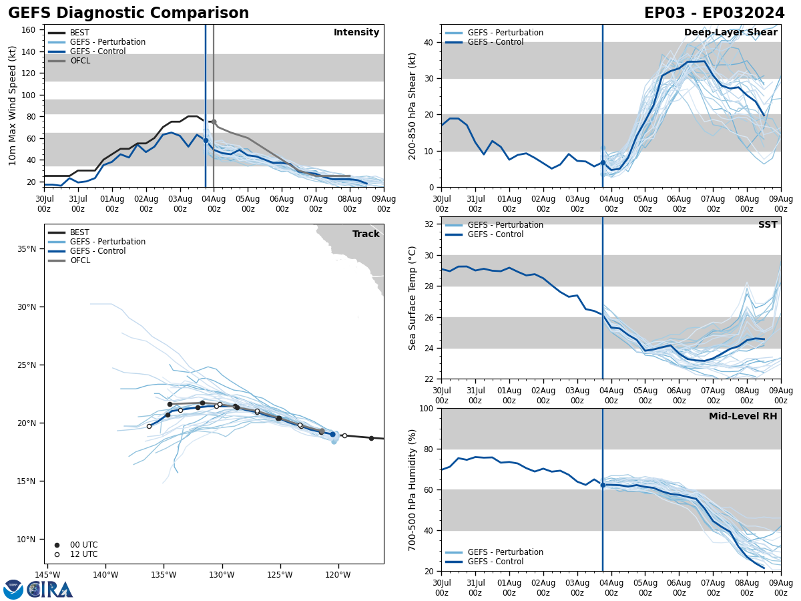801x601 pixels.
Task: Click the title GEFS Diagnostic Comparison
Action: click(x=128, y=13)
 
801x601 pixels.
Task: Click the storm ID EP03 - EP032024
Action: click(x=714, y=13)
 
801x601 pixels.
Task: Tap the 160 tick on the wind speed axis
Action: click(x=29, y=30)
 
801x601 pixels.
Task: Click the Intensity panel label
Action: click(x=356, y=33)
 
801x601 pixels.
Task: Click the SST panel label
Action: click(x=768, y=225)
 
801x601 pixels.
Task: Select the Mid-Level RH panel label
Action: click(x=743, y=417)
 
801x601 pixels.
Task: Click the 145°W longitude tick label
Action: click(x=47, y=574)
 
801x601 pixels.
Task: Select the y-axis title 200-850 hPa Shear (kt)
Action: click(x=414, y=106)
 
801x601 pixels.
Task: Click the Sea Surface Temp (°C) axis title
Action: click(x=413, y=298)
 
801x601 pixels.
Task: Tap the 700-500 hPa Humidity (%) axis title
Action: click(x=413, y=489)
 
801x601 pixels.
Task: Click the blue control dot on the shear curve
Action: click(x=603, y=162)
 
